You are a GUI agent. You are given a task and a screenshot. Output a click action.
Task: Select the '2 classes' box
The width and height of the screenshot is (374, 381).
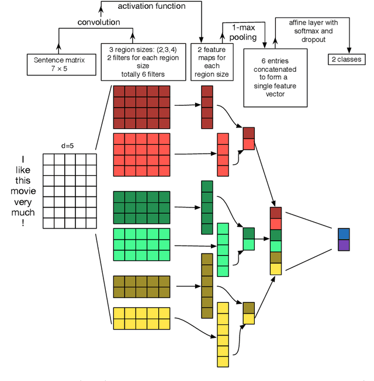347,59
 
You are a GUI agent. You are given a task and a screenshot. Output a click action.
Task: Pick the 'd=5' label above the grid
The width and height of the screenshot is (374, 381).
68,146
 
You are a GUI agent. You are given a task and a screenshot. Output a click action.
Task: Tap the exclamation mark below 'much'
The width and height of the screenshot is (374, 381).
23,223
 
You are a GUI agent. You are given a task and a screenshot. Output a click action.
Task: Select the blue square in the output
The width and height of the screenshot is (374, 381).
343,234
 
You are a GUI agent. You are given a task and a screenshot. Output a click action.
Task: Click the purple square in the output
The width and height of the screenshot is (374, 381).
343,245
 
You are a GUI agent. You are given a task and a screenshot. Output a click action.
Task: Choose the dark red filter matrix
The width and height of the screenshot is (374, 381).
141,107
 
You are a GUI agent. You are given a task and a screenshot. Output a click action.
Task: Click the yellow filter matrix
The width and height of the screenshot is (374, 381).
141,318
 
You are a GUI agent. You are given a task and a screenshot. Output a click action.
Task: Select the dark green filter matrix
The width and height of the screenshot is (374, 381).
141,207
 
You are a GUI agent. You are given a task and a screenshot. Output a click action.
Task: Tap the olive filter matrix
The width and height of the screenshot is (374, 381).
141,286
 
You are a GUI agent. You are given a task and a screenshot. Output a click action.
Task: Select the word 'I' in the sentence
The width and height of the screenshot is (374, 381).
23,159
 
